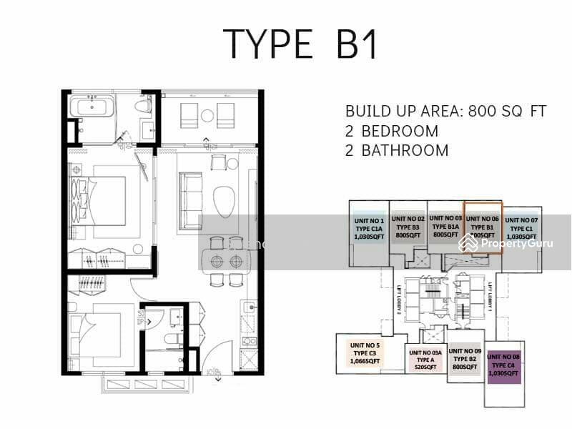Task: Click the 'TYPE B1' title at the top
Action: pyautogui.click(x=300, y=44)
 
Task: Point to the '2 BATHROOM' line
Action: pyautogui.click(x=397, y=151)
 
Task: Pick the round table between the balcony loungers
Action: pyautogui.click(x=207, y=114)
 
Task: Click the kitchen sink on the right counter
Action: pyautogui.click(x=249, y=308)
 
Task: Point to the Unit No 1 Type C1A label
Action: pyautogui.click(x=368, y=229)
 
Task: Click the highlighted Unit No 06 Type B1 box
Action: pyautogui.click(x=483, y=227)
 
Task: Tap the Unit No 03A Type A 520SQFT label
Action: pyautogui.click(x=425, y=360)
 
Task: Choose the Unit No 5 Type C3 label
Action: pyautogui.click(x=366, y=353)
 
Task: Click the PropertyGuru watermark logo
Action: pyautogui.click(x=507, y=244)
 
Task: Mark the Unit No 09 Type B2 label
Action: pyautogui.click(x=467, y=359)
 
